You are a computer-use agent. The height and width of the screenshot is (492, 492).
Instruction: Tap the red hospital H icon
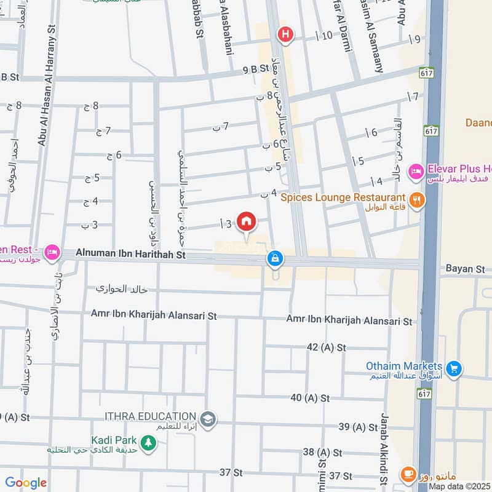pyautogui.click(x=285, y=34)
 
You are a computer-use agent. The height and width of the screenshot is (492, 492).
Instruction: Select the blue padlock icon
pyautogui.click(x=274, y=260)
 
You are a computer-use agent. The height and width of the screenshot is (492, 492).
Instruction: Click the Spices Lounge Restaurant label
pyautogui.click(x=339, y=197)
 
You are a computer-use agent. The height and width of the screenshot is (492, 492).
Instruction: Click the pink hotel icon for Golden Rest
pyautogui.click(x=52, y=252)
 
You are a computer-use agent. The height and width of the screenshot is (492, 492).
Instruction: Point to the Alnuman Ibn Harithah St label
pyautogui.click(x=130, y=253)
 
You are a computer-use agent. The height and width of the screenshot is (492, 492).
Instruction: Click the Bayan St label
pyautogui.click(x=466, y=269)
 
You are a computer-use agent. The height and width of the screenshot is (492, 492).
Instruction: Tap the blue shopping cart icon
pyautogui.click(x=454, y=368)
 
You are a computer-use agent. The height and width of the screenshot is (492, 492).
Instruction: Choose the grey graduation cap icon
pyautogui.click(x=208, y=418)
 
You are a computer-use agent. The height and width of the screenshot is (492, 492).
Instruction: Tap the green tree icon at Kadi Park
pyautogui.click(x=148, y=442)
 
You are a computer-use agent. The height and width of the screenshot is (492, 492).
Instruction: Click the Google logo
pyautogui.click(x=26, y=483)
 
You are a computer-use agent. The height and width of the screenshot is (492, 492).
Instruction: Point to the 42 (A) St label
pyautogui.click(x=328, y=347)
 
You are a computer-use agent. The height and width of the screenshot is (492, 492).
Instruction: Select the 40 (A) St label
pyautogui.click(x=311, y=398)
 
